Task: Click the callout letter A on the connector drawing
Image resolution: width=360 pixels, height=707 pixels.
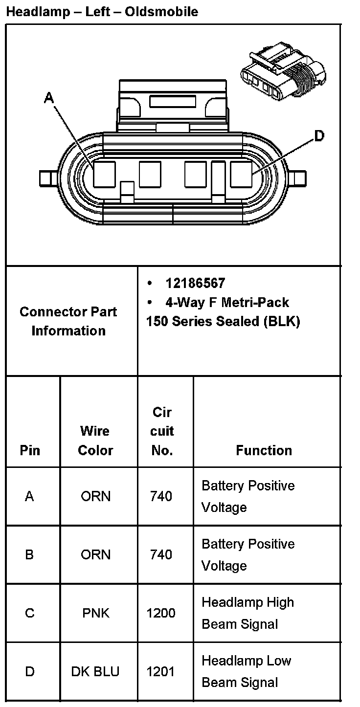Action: click(48, 98)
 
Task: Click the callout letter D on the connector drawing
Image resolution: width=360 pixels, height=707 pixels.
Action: click(319, 135)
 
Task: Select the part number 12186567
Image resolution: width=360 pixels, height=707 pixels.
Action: click(195, 283)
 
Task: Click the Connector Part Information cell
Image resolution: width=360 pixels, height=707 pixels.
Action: click(68, 321)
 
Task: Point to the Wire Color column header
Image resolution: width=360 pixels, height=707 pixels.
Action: click(95, 440)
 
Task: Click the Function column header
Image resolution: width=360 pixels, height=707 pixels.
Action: click(264, 450)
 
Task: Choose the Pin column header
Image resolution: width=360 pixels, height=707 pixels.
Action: click(30, 450)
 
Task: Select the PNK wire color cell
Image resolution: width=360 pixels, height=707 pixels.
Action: click(96, 613)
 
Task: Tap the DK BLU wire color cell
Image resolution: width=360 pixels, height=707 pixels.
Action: click(95, 671)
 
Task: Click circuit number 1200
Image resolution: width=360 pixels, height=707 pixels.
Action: click(161, 613)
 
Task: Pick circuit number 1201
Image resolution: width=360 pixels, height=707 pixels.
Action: click(161, 671)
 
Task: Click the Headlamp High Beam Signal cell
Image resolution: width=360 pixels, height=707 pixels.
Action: click(247, 613)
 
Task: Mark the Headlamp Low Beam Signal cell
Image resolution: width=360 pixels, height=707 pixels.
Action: click(246, 671)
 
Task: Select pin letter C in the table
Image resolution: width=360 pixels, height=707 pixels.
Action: click(30, 613)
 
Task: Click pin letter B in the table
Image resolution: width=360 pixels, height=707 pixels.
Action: click(29, 554)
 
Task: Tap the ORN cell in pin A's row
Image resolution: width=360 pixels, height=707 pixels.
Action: click(96, 496)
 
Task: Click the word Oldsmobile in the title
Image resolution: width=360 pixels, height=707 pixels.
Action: click(162, 12)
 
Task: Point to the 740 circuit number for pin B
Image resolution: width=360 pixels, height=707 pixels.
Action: click(161, 554)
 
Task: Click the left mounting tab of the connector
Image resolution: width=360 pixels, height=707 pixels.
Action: click(47, 178)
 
